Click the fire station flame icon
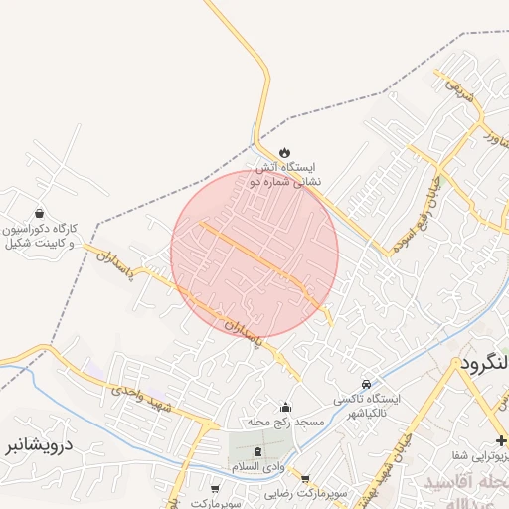point(285,152)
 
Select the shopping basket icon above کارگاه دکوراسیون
point(39,212)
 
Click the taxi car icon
point(367,384)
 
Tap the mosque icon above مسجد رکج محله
point(286,407)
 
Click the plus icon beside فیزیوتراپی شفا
point(502,439)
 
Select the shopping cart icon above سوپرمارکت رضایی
point(304,479)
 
